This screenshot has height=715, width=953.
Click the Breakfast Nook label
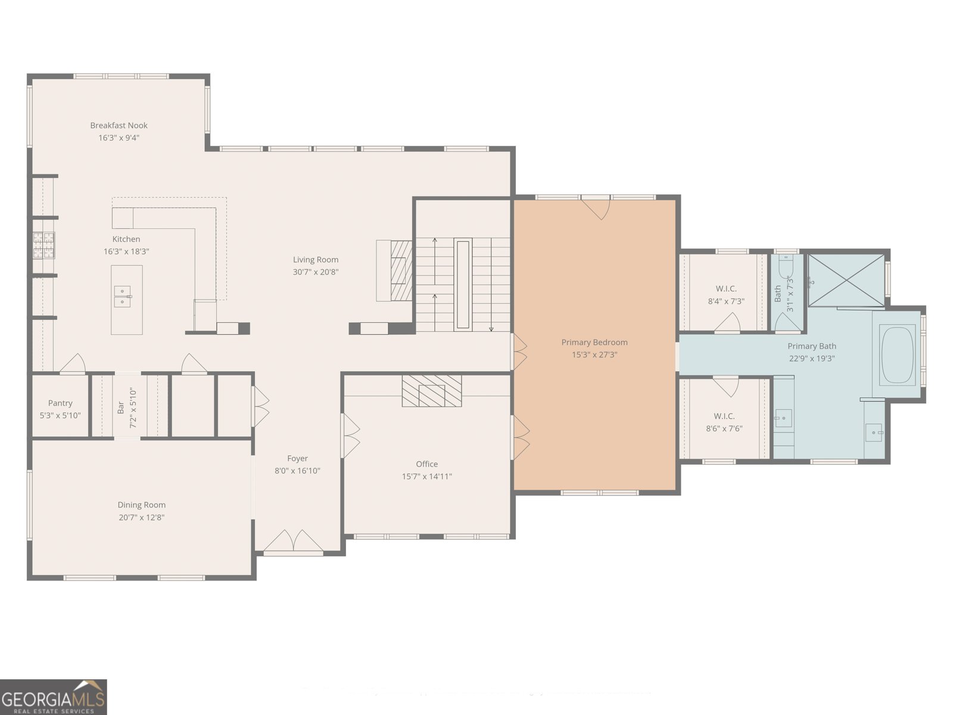(119, 126)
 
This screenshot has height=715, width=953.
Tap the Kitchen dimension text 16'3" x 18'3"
(126, 251)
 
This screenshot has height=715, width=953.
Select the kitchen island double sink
(123, 297)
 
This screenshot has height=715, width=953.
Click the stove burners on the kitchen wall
(44, 245)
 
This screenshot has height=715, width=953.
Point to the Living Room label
(316, 260)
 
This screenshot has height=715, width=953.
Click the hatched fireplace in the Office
(432, 391)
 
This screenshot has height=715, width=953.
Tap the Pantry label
(60, 403)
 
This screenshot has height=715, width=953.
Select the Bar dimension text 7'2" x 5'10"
(133, 408)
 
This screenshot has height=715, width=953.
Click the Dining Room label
(142, 505)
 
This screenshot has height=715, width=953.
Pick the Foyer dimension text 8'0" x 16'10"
(297, 471)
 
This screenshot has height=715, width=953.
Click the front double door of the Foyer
(294, 542)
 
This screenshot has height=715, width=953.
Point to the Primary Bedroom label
(594, 342)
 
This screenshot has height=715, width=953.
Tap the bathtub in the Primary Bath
(898, 356)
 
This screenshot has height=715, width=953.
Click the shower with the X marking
(846, 280)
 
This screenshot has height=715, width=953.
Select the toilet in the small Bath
(786, 266)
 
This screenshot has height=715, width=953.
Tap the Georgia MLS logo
(54, 697)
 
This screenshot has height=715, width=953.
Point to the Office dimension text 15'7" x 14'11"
(427, 476)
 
